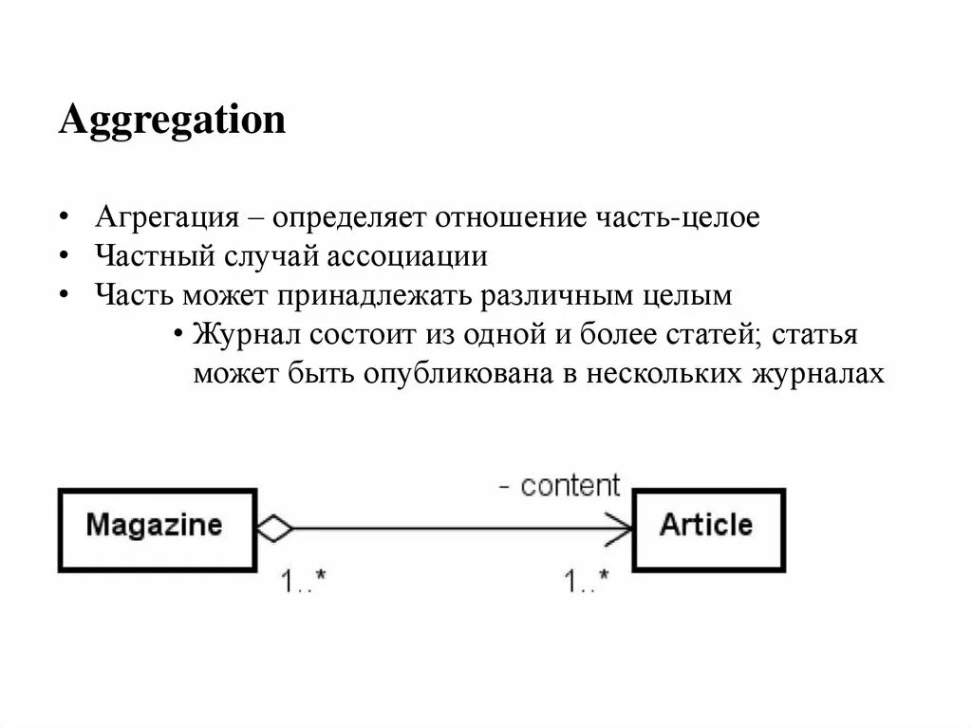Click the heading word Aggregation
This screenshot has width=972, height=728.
[172, 121]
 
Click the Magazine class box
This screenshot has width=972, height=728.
[157, 529]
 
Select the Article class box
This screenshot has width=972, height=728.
[708, 529]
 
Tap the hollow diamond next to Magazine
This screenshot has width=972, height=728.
[274, 529]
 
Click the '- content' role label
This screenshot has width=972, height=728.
[560, 486]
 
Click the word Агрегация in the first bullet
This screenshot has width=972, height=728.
[165, 217]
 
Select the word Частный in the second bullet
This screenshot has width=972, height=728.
[154, 256]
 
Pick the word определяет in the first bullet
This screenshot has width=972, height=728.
[349, 217]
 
